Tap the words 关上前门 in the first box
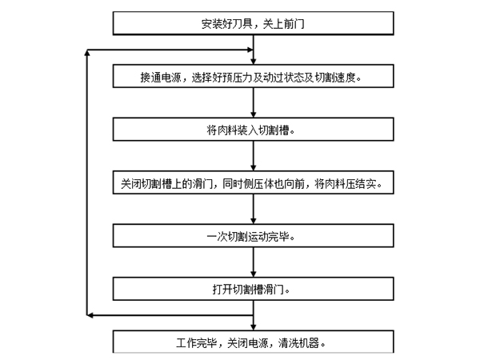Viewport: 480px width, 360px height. pyautogui.click(x=281, y=24)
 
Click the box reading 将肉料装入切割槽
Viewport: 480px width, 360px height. pyautogui.click(x=253, y=130)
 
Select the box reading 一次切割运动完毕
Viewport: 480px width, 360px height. pyautogui.click(x=253, y=237)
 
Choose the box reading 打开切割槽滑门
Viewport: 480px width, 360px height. pyautogui.click(x=253, y=290)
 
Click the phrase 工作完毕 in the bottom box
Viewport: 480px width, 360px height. pyautogui.click(x=195, y=343)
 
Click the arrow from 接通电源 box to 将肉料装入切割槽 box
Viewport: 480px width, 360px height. pyautogui.click(x=253, y=104)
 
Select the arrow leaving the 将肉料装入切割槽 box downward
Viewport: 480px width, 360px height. pyautogui.click(x=253, y=157)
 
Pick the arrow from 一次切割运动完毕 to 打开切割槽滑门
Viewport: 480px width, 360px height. pyautogui.click(x=253, y=263)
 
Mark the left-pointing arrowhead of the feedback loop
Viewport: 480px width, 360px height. pyautogui.click(x=90, y=317)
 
